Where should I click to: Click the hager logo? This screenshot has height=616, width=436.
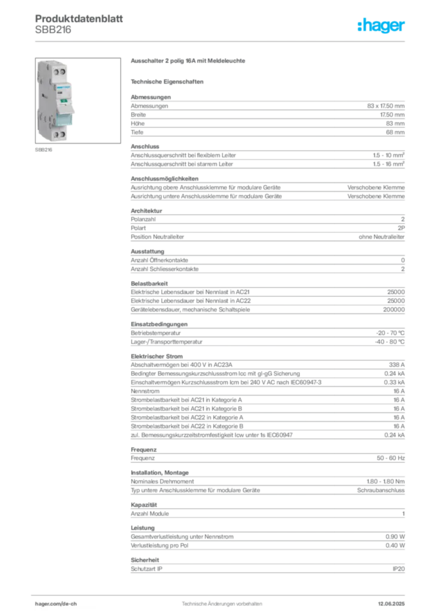(x=381, y=25)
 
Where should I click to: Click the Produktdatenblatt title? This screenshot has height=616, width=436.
(x=79, y=19)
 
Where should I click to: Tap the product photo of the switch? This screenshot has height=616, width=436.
(x=78, y=100)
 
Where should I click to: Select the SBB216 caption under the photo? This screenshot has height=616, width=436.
(x=43, y=150)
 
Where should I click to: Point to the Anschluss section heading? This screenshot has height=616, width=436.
(x=145, y=147)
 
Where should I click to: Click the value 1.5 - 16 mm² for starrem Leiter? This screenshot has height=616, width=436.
(x=389, y=164)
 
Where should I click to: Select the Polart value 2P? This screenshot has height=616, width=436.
(x=401, y=228)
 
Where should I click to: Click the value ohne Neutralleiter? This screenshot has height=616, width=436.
(x=381, y=237)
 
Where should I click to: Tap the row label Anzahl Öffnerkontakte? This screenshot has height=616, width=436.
(x=159, y=260)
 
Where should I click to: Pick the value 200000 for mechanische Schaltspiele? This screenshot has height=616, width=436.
(x=394, y=310)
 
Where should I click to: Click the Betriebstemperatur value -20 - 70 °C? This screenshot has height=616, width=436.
(x=390, y=333)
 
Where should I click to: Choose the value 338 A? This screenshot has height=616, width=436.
(x=397, y=365)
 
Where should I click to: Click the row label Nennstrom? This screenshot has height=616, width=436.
(x=145, y=391)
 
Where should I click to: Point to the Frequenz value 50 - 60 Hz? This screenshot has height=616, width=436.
(x=391, y=458)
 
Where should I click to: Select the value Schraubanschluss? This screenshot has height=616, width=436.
(x=381, y=490)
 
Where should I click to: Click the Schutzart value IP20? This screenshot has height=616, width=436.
(x=399, y=569)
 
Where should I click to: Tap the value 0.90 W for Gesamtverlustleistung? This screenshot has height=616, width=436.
(x=395, y=537)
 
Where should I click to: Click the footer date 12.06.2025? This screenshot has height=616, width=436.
(x=391, y=604)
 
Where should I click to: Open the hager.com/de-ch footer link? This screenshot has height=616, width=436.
(x=56, y=604)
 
